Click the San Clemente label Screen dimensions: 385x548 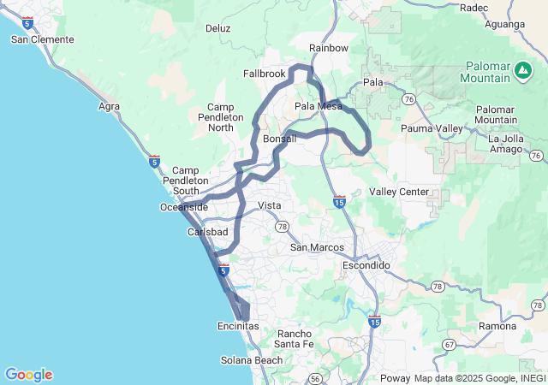point(42,39)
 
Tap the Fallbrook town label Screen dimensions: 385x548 point(264,74)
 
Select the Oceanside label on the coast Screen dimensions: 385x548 point(183,207)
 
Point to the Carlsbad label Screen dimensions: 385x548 point(207,232)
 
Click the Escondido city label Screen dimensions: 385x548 point(366,265)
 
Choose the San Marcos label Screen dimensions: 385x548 point(316,247)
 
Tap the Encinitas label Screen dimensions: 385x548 point(237,326)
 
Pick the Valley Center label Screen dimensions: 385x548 point(398,192)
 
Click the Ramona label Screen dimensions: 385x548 point(497,327)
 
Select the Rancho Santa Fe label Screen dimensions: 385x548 point(295,339)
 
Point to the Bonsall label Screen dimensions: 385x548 point(280,139)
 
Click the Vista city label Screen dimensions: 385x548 point(270,206)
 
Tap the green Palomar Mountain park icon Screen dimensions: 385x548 point(522,68)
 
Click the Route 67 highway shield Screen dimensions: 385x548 point(449,344)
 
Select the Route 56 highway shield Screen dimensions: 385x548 point(315,377)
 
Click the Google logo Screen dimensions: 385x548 point(28,374)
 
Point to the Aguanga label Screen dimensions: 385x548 point(504,24)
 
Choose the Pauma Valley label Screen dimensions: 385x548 point(432,128)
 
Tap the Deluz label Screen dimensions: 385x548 point(218,28)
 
